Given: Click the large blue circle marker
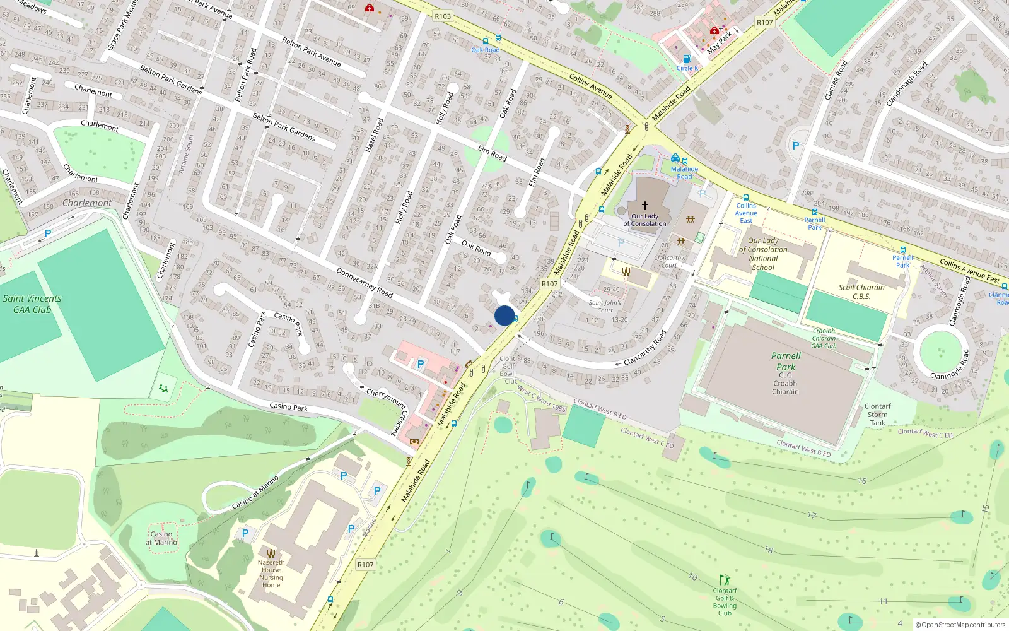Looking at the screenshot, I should coord(504,315).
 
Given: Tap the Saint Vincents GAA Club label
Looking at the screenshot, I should coord(32,304).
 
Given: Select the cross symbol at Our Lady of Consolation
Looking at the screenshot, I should coord(645,206).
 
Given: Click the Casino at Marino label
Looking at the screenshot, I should coord(161,538).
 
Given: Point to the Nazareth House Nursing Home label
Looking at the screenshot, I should coord(271,574).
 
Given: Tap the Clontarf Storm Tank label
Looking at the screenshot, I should coord(877,415).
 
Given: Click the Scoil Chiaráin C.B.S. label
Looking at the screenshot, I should coord(861,292).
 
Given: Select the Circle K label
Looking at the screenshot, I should coord(687,68).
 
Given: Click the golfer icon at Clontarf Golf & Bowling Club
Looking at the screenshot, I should coord(725,580).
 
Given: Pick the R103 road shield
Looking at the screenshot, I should coord(443,16).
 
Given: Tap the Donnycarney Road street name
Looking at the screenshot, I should coord(365,283).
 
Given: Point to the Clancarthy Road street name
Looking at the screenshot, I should coord(645,348).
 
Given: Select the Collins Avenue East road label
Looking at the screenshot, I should coord(969,271).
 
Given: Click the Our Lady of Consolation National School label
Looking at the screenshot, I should coord(763,254).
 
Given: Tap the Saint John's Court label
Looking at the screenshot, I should coord(605,306).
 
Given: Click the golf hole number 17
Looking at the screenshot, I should coord(812,516).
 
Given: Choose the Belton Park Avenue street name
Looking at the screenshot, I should coord(312,52).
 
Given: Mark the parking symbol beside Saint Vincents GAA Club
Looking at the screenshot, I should coord(48,234).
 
